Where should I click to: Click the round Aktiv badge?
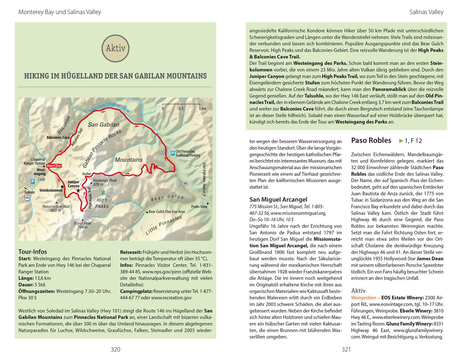tap(115, 48)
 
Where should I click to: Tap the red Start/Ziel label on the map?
tap(54, 166)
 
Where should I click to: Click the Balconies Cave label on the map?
tap(58, 137)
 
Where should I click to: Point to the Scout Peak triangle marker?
tap(82, 219)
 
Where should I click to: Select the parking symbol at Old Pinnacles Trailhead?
tap(173, 152)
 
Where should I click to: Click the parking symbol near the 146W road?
tap(32, 182)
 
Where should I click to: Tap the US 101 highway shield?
tap(27, 198)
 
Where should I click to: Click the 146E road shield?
tap(185, 183)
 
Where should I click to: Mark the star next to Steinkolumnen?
tap(63, 187)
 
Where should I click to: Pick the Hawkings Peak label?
tap(105, 180)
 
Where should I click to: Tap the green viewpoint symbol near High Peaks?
tap(106, 192)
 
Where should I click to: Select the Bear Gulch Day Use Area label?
tap(167, 212)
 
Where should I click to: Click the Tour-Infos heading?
tap(33, 252)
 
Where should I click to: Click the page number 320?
tap(115, 349)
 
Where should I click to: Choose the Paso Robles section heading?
tap(371, 141)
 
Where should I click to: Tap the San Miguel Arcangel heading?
tap(278, 199)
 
